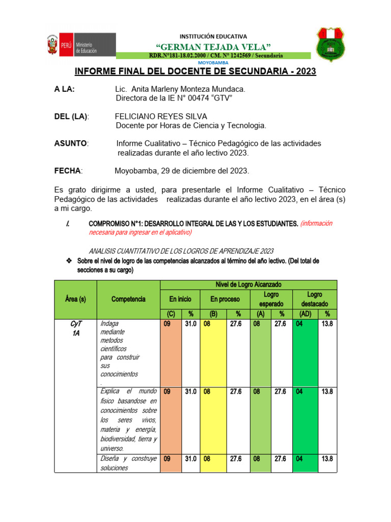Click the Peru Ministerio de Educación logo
click(81, 44)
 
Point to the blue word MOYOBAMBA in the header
click(213, 62)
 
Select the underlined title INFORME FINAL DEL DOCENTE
click(195, 72)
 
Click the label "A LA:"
click(64, 89)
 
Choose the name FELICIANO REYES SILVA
click(161, 116)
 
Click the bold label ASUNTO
click(71, 144)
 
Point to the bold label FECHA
click(68, 171)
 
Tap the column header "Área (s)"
click(75, 299)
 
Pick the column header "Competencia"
click(128, 299)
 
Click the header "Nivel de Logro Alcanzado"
click(248, 284)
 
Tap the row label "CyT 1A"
click(75, 328)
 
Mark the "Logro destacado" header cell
click(315, 299)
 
